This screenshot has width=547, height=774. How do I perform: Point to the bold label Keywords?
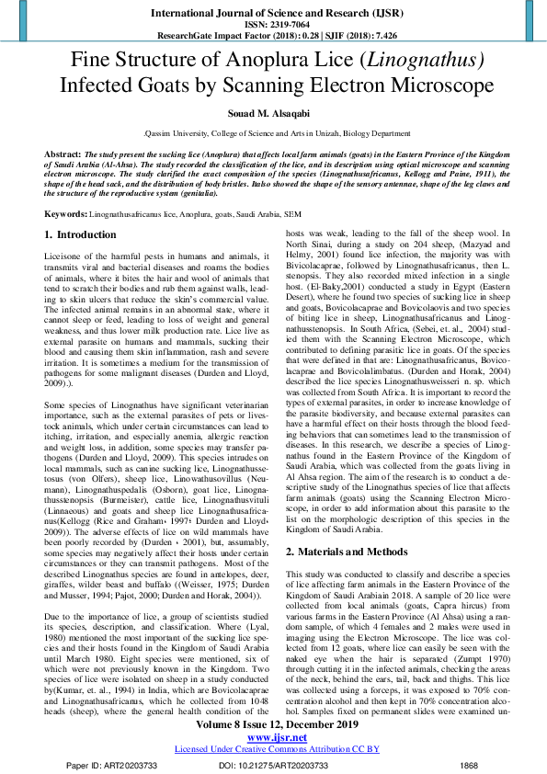click(x=66, y=212)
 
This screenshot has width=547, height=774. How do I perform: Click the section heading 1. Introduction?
click(x=81, y=235)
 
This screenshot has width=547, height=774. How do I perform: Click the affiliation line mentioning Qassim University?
click(x=273, y=133)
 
